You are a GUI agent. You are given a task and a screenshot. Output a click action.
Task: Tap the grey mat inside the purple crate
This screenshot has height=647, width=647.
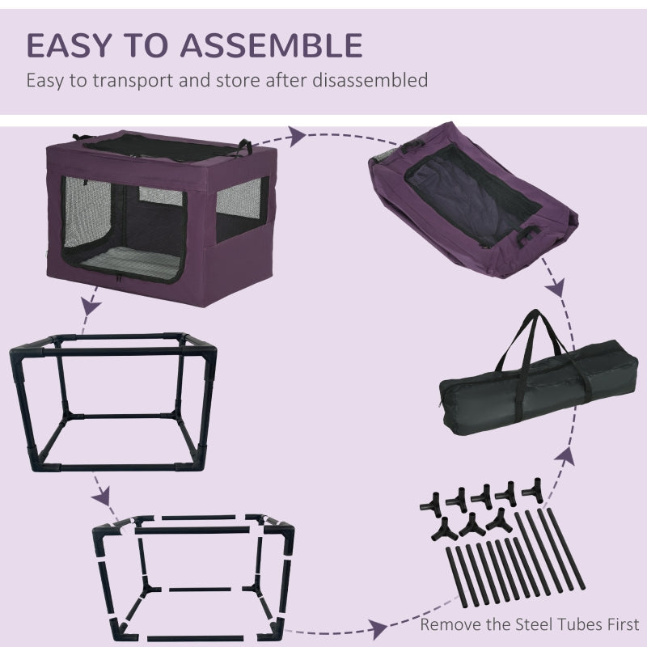[150, 267]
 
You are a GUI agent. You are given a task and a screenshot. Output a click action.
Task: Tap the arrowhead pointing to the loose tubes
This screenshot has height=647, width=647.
[377, 624]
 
